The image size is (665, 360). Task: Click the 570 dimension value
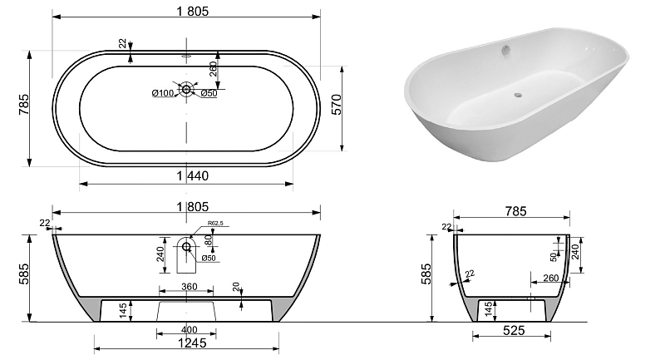336,104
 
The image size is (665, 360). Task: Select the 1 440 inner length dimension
193,175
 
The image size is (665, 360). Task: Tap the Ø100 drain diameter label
163,93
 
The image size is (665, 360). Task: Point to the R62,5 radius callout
215,223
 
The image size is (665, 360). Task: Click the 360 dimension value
190,287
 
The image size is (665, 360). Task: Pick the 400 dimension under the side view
190,329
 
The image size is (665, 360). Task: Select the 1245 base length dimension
192,343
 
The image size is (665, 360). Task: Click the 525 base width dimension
514,330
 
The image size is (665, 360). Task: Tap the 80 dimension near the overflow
208,240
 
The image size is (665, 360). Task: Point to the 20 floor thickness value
236,287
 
